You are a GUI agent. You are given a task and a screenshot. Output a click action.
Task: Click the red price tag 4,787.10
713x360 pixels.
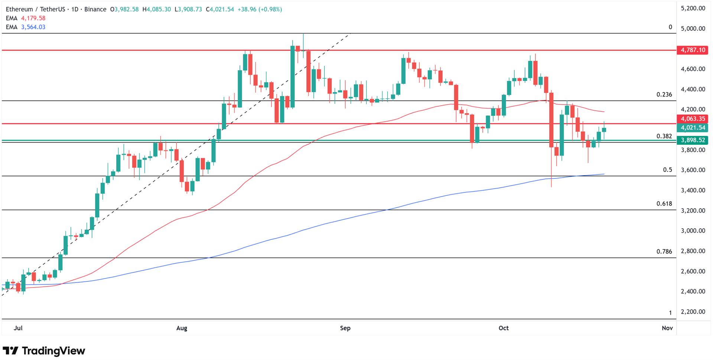(x=691, y=50)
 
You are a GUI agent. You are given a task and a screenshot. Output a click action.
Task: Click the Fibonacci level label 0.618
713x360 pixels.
(x=664, y=204)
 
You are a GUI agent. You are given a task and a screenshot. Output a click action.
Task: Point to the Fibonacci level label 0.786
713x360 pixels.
(x=664, y=252)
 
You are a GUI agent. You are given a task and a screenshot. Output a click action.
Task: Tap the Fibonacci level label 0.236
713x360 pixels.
(x=664, y=95)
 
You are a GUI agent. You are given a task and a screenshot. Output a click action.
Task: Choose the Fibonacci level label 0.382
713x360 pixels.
(x=664, y=136)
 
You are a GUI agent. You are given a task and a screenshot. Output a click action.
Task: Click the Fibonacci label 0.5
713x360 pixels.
(x=667, y=170)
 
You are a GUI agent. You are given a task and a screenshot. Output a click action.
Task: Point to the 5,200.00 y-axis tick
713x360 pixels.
(x=693, y=8)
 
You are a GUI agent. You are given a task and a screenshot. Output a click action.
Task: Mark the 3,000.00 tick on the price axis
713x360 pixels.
(x=693, y=231)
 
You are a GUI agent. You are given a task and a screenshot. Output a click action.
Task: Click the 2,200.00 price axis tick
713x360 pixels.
(x=693, y=312)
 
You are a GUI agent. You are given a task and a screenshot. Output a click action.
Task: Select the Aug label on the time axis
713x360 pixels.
(x=182, y=328)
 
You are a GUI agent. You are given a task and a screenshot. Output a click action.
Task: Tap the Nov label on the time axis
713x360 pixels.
(x=667, y=328)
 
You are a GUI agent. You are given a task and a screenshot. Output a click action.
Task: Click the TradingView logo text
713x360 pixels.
(x=53, y=351)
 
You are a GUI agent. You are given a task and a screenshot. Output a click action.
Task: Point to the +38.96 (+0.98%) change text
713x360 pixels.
(x=259, y=9)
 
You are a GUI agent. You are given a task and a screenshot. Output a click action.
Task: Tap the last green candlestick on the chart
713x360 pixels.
(x=604, y=130)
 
